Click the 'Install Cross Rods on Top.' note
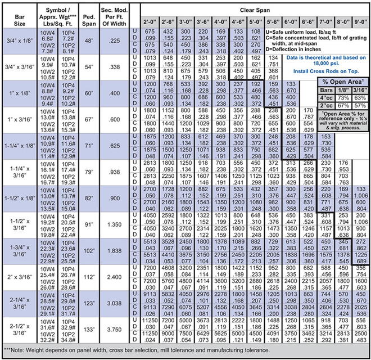(326, 72)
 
